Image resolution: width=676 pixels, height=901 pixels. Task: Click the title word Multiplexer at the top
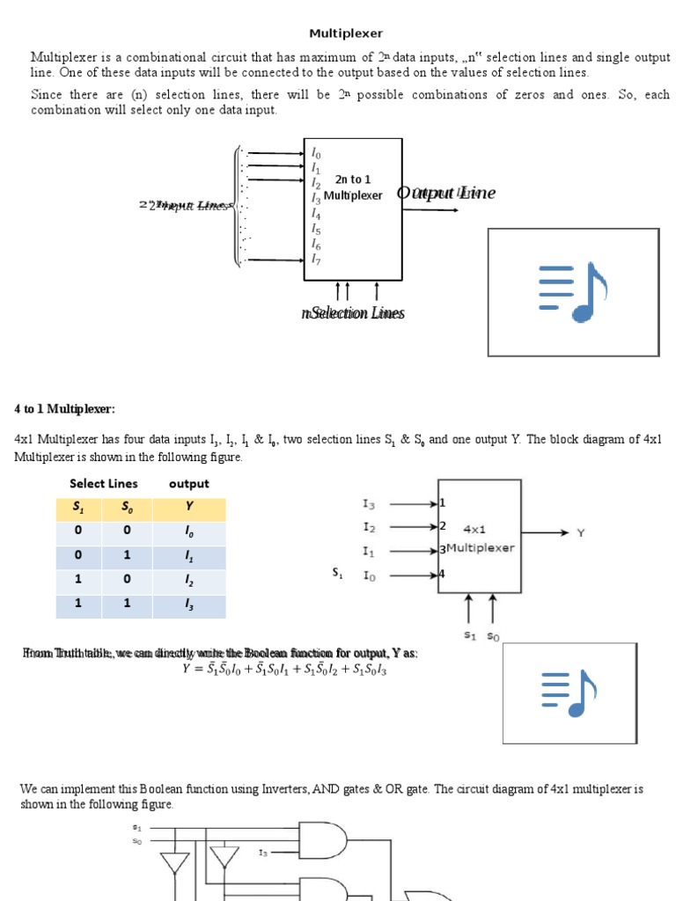coord(346,33)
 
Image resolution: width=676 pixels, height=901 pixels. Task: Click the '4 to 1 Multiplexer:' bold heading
coord(64,409)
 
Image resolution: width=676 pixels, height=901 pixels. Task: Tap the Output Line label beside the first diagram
coord(445,193)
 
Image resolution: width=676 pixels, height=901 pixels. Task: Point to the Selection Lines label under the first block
coord(352,313)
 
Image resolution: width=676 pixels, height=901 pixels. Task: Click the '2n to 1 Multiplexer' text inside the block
coord(353,187)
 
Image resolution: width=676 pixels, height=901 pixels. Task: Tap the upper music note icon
coord(573,292)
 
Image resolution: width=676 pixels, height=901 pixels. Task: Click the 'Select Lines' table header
coord(104,483)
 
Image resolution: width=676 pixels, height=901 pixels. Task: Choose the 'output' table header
coord(188,483)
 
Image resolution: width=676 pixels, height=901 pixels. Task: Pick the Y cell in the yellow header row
coord(188,509)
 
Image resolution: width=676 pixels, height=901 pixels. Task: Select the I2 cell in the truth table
coord(188,582)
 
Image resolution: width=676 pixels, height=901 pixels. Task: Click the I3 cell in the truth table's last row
coord(188,606)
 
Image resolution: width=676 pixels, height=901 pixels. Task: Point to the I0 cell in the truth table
coord(188,533)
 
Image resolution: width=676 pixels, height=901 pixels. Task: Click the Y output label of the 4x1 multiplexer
coord(580,532)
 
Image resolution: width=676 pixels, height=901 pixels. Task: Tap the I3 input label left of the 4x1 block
coord(369,504)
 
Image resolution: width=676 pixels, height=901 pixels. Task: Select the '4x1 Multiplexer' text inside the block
coord(480,538)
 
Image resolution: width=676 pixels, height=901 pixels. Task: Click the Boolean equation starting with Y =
coord(284,670)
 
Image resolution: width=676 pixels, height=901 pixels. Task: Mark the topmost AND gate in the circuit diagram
coord(323,842)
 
